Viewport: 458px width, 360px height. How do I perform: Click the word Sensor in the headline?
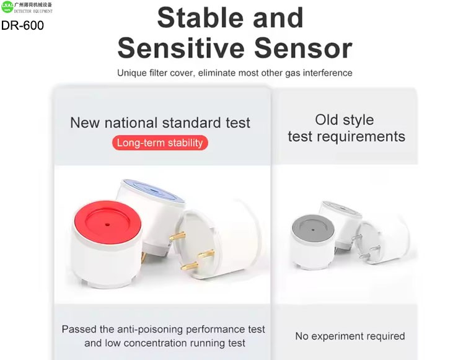pos(303,48)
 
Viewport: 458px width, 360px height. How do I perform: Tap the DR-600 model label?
pos(22,25)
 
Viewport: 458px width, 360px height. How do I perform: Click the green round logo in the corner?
pos(7,7)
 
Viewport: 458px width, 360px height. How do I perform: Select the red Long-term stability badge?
pos(160,143)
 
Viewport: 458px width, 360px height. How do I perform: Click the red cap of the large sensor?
pos(107,222)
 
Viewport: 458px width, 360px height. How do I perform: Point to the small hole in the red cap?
pos(107,225)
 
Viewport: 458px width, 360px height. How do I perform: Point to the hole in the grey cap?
pos(313,230)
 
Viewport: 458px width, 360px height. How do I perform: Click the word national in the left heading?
pos(131,123)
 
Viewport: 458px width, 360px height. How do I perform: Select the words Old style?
pos(345,120)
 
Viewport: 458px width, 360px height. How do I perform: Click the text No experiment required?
pos(350,336)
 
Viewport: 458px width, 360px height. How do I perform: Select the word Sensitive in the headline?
pos(181,48)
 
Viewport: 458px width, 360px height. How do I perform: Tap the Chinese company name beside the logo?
pos(33,5)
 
